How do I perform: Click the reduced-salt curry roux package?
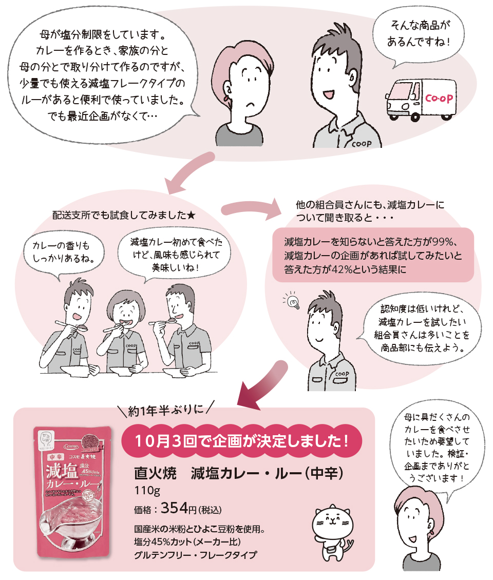point(72,491)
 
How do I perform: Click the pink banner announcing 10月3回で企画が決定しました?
point(242,440)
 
